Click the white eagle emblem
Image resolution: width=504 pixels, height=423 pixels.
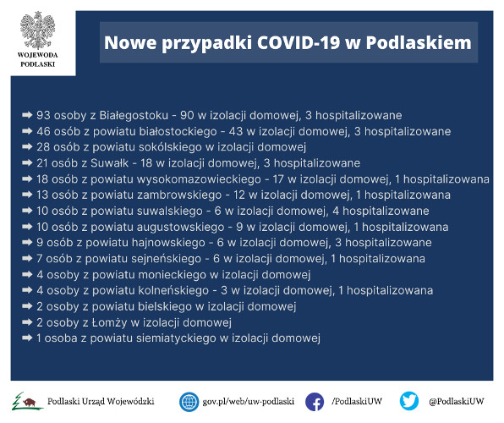[x=37, y=30]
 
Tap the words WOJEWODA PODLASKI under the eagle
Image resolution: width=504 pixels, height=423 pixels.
[x=37, y=59]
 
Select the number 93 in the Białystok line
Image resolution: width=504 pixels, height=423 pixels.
[x=43, y=115]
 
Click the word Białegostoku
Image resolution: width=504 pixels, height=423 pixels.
[x=134, y=116]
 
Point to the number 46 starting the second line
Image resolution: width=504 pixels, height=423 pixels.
[x=43, y=131]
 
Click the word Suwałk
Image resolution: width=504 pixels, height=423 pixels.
[x=110, y=162]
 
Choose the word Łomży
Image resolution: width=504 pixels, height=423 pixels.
[x=109, y=322]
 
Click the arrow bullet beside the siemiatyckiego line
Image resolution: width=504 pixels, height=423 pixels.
[x=27, y=338]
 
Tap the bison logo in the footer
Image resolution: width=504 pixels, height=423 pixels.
[x=27, y=402]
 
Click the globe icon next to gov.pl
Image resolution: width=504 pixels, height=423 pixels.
[x=189, y=402]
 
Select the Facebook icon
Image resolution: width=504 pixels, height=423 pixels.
[x=315, y=402]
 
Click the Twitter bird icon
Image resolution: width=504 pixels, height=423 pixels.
[x=408, y=401]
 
